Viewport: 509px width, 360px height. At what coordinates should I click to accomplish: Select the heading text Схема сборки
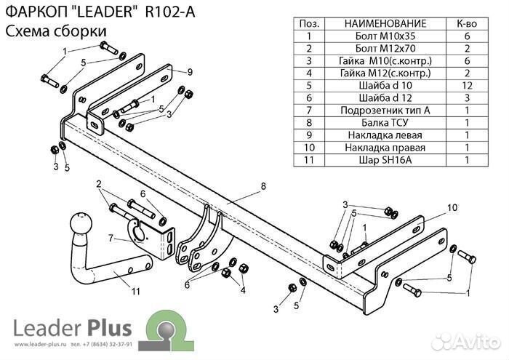pyautogui.click(x=55, y=31)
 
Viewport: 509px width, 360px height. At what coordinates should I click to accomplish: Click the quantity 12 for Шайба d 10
pyautogui.click(x=466, y=85)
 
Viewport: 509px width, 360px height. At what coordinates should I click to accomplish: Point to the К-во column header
pyautogui.click(x=466, y=23)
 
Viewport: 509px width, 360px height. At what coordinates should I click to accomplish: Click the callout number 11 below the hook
pyautogui.click(x=135, y=292)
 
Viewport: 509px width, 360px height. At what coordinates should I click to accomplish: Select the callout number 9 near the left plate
pyautogui.click(x=189, y=71)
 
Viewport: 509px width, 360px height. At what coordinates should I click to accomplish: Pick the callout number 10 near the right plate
pyautogui.click(x=452, y=207)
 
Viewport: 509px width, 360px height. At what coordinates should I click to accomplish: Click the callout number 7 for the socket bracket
pyautogui.click(x=111, y=238)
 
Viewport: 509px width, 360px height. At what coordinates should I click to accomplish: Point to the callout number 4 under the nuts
pyautogui.click(x=242, y=290)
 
